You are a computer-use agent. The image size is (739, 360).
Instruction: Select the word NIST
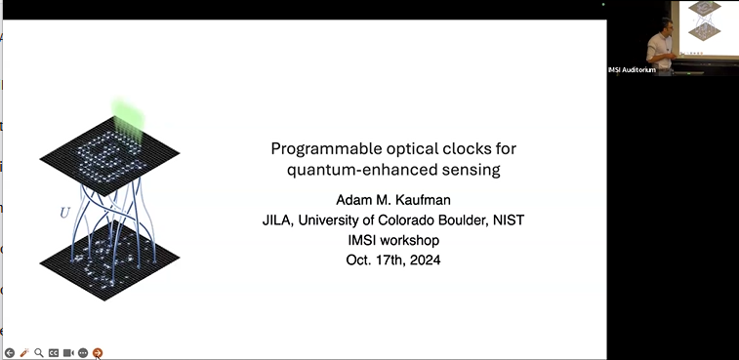(506, 220)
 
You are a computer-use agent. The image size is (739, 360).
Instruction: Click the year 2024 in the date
(422, 260)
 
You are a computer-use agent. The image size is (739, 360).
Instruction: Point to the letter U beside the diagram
(64, 212)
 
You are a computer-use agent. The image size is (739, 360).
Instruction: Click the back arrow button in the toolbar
(9, 352)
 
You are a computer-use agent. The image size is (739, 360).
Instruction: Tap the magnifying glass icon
(39, 352)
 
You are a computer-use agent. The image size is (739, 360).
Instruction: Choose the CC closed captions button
(54, 352)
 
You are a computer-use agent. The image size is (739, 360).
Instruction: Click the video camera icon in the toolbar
(68, 352)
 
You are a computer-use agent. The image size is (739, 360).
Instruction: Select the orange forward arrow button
(98, 352)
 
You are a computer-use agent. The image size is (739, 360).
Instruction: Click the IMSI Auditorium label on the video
(632, 69)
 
